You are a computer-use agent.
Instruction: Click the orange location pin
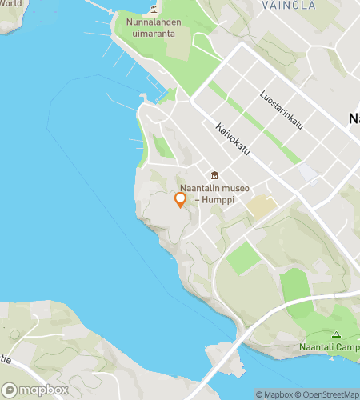(x=180, y=200)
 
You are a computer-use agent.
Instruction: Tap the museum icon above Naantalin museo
(x=214, y=175)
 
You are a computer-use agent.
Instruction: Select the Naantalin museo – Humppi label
(x=214, y=194)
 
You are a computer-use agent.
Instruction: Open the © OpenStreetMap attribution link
(x=330, y=394)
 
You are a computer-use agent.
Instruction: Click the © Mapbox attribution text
(x=274, y=394)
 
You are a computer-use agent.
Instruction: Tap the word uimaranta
(x=154, y=34)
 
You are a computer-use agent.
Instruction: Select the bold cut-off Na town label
(x=354, y=118)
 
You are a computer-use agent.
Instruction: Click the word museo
(x=234, y=189)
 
